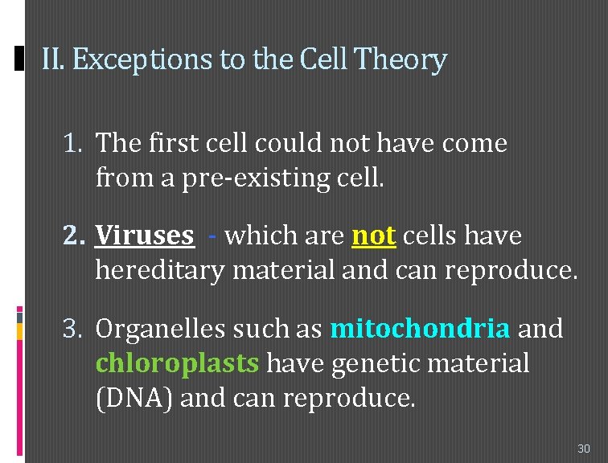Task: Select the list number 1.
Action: tap(73, 144)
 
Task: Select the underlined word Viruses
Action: tap(145, 236)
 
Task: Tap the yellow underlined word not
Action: tap(374, 236)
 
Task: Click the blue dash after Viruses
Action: tap(211, 236)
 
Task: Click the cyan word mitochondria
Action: tap(420, 329)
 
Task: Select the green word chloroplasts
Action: tap(178, 363)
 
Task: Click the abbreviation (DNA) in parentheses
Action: tap(134, 398)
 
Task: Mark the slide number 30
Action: tap(584, 448)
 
